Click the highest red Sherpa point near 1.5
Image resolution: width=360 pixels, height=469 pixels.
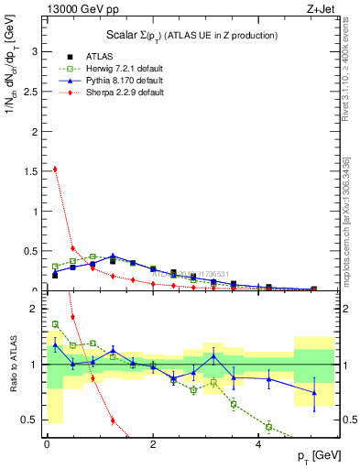click(55, 169)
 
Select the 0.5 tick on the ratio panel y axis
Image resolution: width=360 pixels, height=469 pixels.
click(32, 420)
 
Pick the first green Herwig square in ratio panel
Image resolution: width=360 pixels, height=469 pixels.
click(55, 323)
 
